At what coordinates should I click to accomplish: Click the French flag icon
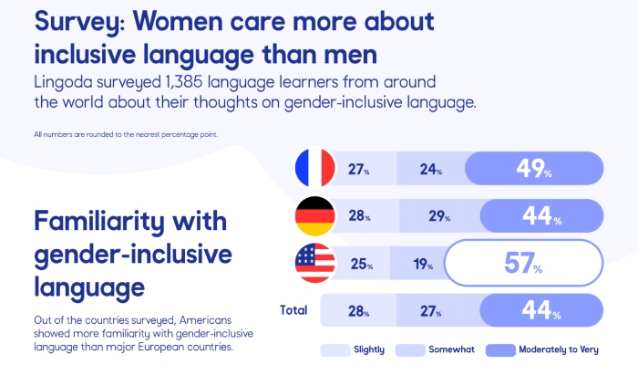(314, 169)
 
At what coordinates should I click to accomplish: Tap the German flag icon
(314, 216)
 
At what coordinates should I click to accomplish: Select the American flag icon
(314, 265)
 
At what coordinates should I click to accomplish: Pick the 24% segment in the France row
(432, 170)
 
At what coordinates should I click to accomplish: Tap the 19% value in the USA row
(423, 266)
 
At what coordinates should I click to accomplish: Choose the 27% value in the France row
(359, 170)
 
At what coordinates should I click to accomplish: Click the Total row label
(293, 310)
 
